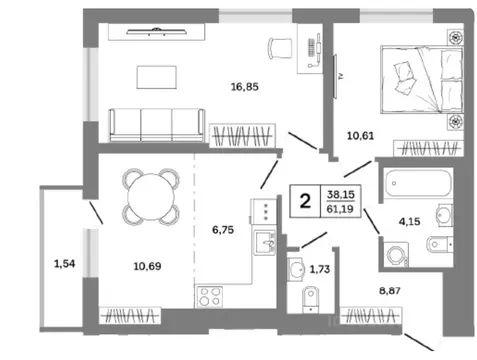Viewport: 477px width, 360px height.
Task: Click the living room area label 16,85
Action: click(245, 87)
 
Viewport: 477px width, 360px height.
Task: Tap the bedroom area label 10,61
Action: click(360, 136)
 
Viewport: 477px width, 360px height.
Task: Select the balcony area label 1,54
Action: click(64, 264)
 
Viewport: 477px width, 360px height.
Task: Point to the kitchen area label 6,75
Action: click(223, 230)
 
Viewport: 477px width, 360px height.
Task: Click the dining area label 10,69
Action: click(147, 266)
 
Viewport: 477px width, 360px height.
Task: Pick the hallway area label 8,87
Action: click(390, 291)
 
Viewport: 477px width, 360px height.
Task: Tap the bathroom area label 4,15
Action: click(409, 221)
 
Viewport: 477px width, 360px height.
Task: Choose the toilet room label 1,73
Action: click(320, 269)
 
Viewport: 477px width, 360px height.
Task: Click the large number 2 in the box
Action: click(305, 201)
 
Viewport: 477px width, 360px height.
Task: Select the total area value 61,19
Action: click(340, 209)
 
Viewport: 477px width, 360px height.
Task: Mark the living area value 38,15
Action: click(341, 194)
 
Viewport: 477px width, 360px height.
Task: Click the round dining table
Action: click(151, 197)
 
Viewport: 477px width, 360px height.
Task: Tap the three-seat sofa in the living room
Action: click(157, 125)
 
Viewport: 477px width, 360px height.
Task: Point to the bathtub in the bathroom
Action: click(418, 183)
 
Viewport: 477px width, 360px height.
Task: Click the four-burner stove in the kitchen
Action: click(209, 297)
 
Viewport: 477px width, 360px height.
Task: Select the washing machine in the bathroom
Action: click(396, 255)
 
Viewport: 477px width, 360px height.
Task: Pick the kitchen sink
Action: click(265, 243)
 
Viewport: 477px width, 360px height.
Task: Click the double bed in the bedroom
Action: click(422, 80)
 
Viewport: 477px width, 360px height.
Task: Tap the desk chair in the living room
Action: click(280, 49)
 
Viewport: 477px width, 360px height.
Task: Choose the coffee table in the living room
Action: click(156, 77)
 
